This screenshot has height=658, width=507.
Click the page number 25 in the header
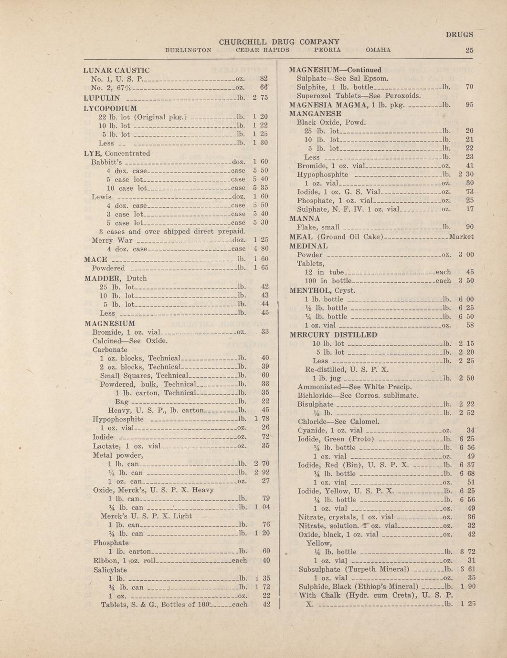click(x=469, y=50)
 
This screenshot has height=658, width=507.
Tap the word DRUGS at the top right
click(x=459, y=34)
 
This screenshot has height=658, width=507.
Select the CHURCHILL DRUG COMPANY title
click(x=279, y=42)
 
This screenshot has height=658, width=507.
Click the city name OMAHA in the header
click(x=378, y=50)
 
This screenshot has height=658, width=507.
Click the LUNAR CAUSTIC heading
click(x=116, y=71)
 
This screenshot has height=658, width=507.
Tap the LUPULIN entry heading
click(x=102, y=97)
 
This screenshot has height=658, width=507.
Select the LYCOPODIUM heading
click(x=110, y=108)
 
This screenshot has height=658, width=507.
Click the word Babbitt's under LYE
click(x=106, y=162)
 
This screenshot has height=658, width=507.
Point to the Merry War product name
click(x=112, y=240)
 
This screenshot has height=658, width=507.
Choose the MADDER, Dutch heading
click(x=115, y=278)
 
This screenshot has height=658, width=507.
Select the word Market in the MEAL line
click(x=462, y=236)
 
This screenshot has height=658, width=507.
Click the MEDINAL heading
click(x=309, y=246)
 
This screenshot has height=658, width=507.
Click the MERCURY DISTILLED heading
click(x=334, y=335)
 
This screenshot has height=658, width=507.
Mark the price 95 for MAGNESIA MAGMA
click(x=469, y=105)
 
